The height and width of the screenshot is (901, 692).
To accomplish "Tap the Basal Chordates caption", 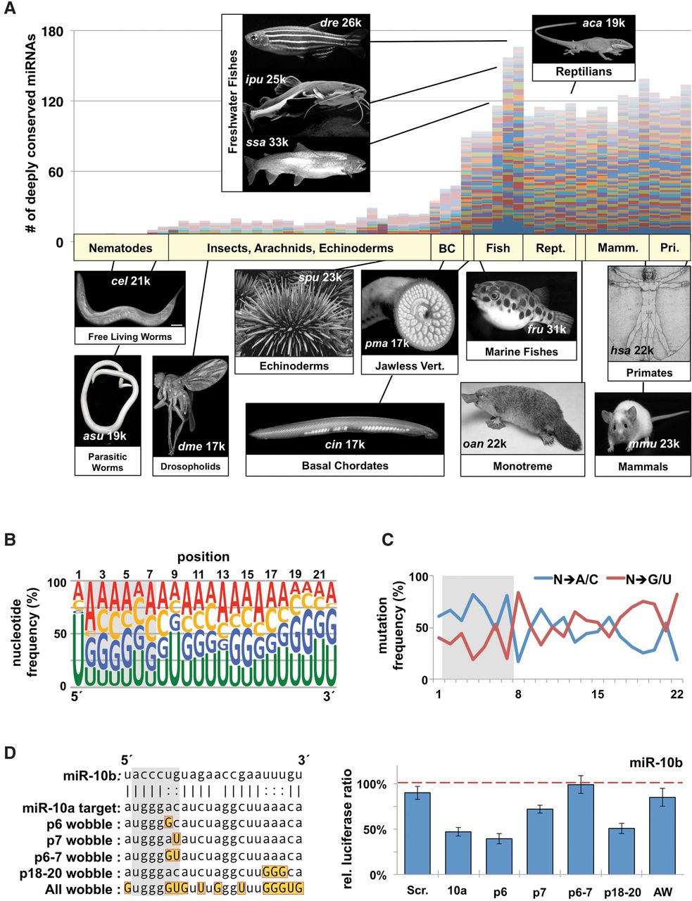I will (x=344, y=465).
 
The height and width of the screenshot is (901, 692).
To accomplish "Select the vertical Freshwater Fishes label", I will (x=232, y=102).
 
